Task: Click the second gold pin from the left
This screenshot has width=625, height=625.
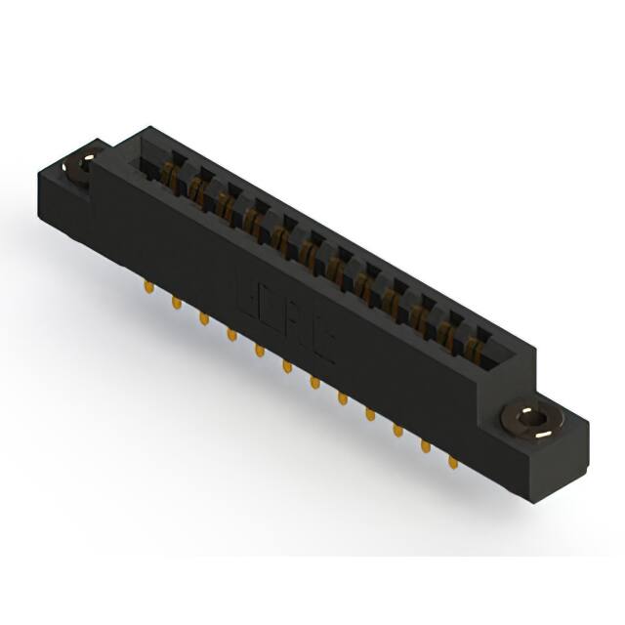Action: pos(176,304)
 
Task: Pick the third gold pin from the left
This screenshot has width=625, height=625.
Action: pos(203,318)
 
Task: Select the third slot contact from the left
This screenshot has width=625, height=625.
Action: pos(225,208)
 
